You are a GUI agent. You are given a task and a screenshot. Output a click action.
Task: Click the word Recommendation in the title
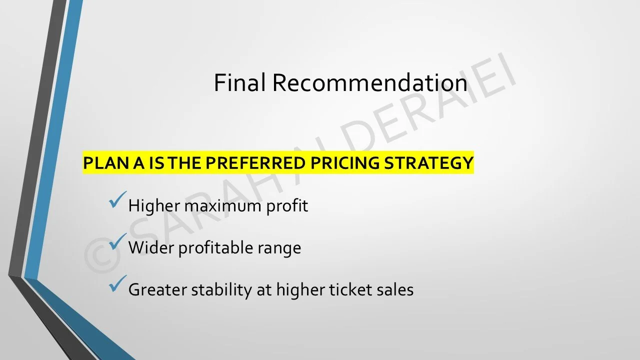point(369,83)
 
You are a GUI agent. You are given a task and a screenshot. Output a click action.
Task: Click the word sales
point(395,289)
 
